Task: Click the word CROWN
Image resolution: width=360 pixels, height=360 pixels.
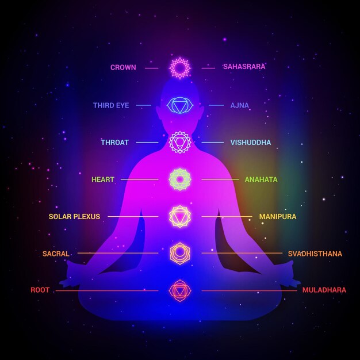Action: [x=123, y=67]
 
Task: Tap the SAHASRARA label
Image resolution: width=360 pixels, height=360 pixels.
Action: [x=244, y=67]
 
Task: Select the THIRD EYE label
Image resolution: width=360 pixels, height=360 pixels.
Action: [x=111, y=105]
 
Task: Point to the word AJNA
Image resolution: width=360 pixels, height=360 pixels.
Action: [x=240, y=105]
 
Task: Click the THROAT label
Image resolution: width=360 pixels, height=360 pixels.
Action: [x=115, y=143]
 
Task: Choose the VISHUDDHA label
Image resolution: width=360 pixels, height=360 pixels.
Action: [x=251, y=143]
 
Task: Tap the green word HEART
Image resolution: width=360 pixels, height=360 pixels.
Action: [x=103, y=179]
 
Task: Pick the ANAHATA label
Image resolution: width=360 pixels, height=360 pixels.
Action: [x=261, y=179]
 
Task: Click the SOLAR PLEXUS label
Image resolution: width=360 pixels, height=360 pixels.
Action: [x=74, y=216]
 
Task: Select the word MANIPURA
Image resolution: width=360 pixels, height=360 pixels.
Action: [x=278, y=216]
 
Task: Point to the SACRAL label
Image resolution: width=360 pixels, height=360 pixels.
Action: [x=56, y=254]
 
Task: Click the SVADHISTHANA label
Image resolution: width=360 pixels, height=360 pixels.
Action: [x=315, y=254]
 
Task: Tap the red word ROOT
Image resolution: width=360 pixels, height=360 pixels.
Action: [x=40, y=290]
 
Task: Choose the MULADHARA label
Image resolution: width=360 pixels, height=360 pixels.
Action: [x=324, y=290]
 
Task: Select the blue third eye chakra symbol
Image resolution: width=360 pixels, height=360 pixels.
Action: [x=180, y=98]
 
